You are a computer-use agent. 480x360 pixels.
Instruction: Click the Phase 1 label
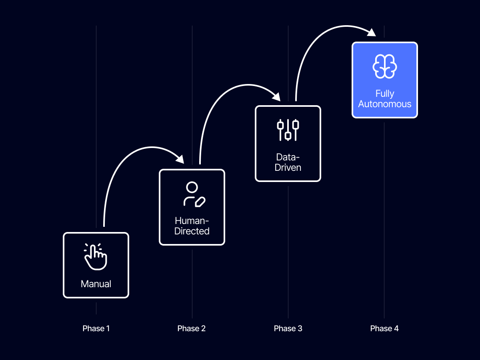point(96,328)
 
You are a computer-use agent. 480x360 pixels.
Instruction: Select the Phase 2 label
point(192,328)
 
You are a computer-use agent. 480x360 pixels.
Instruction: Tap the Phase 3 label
point(288,328)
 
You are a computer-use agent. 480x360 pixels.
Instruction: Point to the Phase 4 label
point(384,328)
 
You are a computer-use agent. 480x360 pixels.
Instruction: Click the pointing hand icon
point(96,256)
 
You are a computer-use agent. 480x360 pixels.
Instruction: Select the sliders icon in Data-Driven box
point(288,130)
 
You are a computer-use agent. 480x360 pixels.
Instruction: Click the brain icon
point(384,67)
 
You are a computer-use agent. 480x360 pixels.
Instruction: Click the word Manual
point(96,284)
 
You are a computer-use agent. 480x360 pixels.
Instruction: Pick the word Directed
point(192,231)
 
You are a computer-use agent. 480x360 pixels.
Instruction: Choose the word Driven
point(288,167)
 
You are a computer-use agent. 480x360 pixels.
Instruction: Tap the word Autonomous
point(384,104)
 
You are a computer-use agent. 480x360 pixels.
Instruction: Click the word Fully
point(384,94)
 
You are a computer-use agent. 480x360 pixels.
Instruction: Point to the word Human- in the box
point(192,221)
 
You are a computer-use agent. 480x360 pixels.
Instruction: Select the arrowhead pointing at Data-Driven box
point(276,96)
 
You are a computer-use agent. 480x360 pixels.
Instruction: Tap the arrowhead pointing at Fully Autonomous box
point(372,33)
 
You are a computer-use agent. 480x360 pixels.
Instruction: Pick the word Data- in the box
point(288,157)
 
